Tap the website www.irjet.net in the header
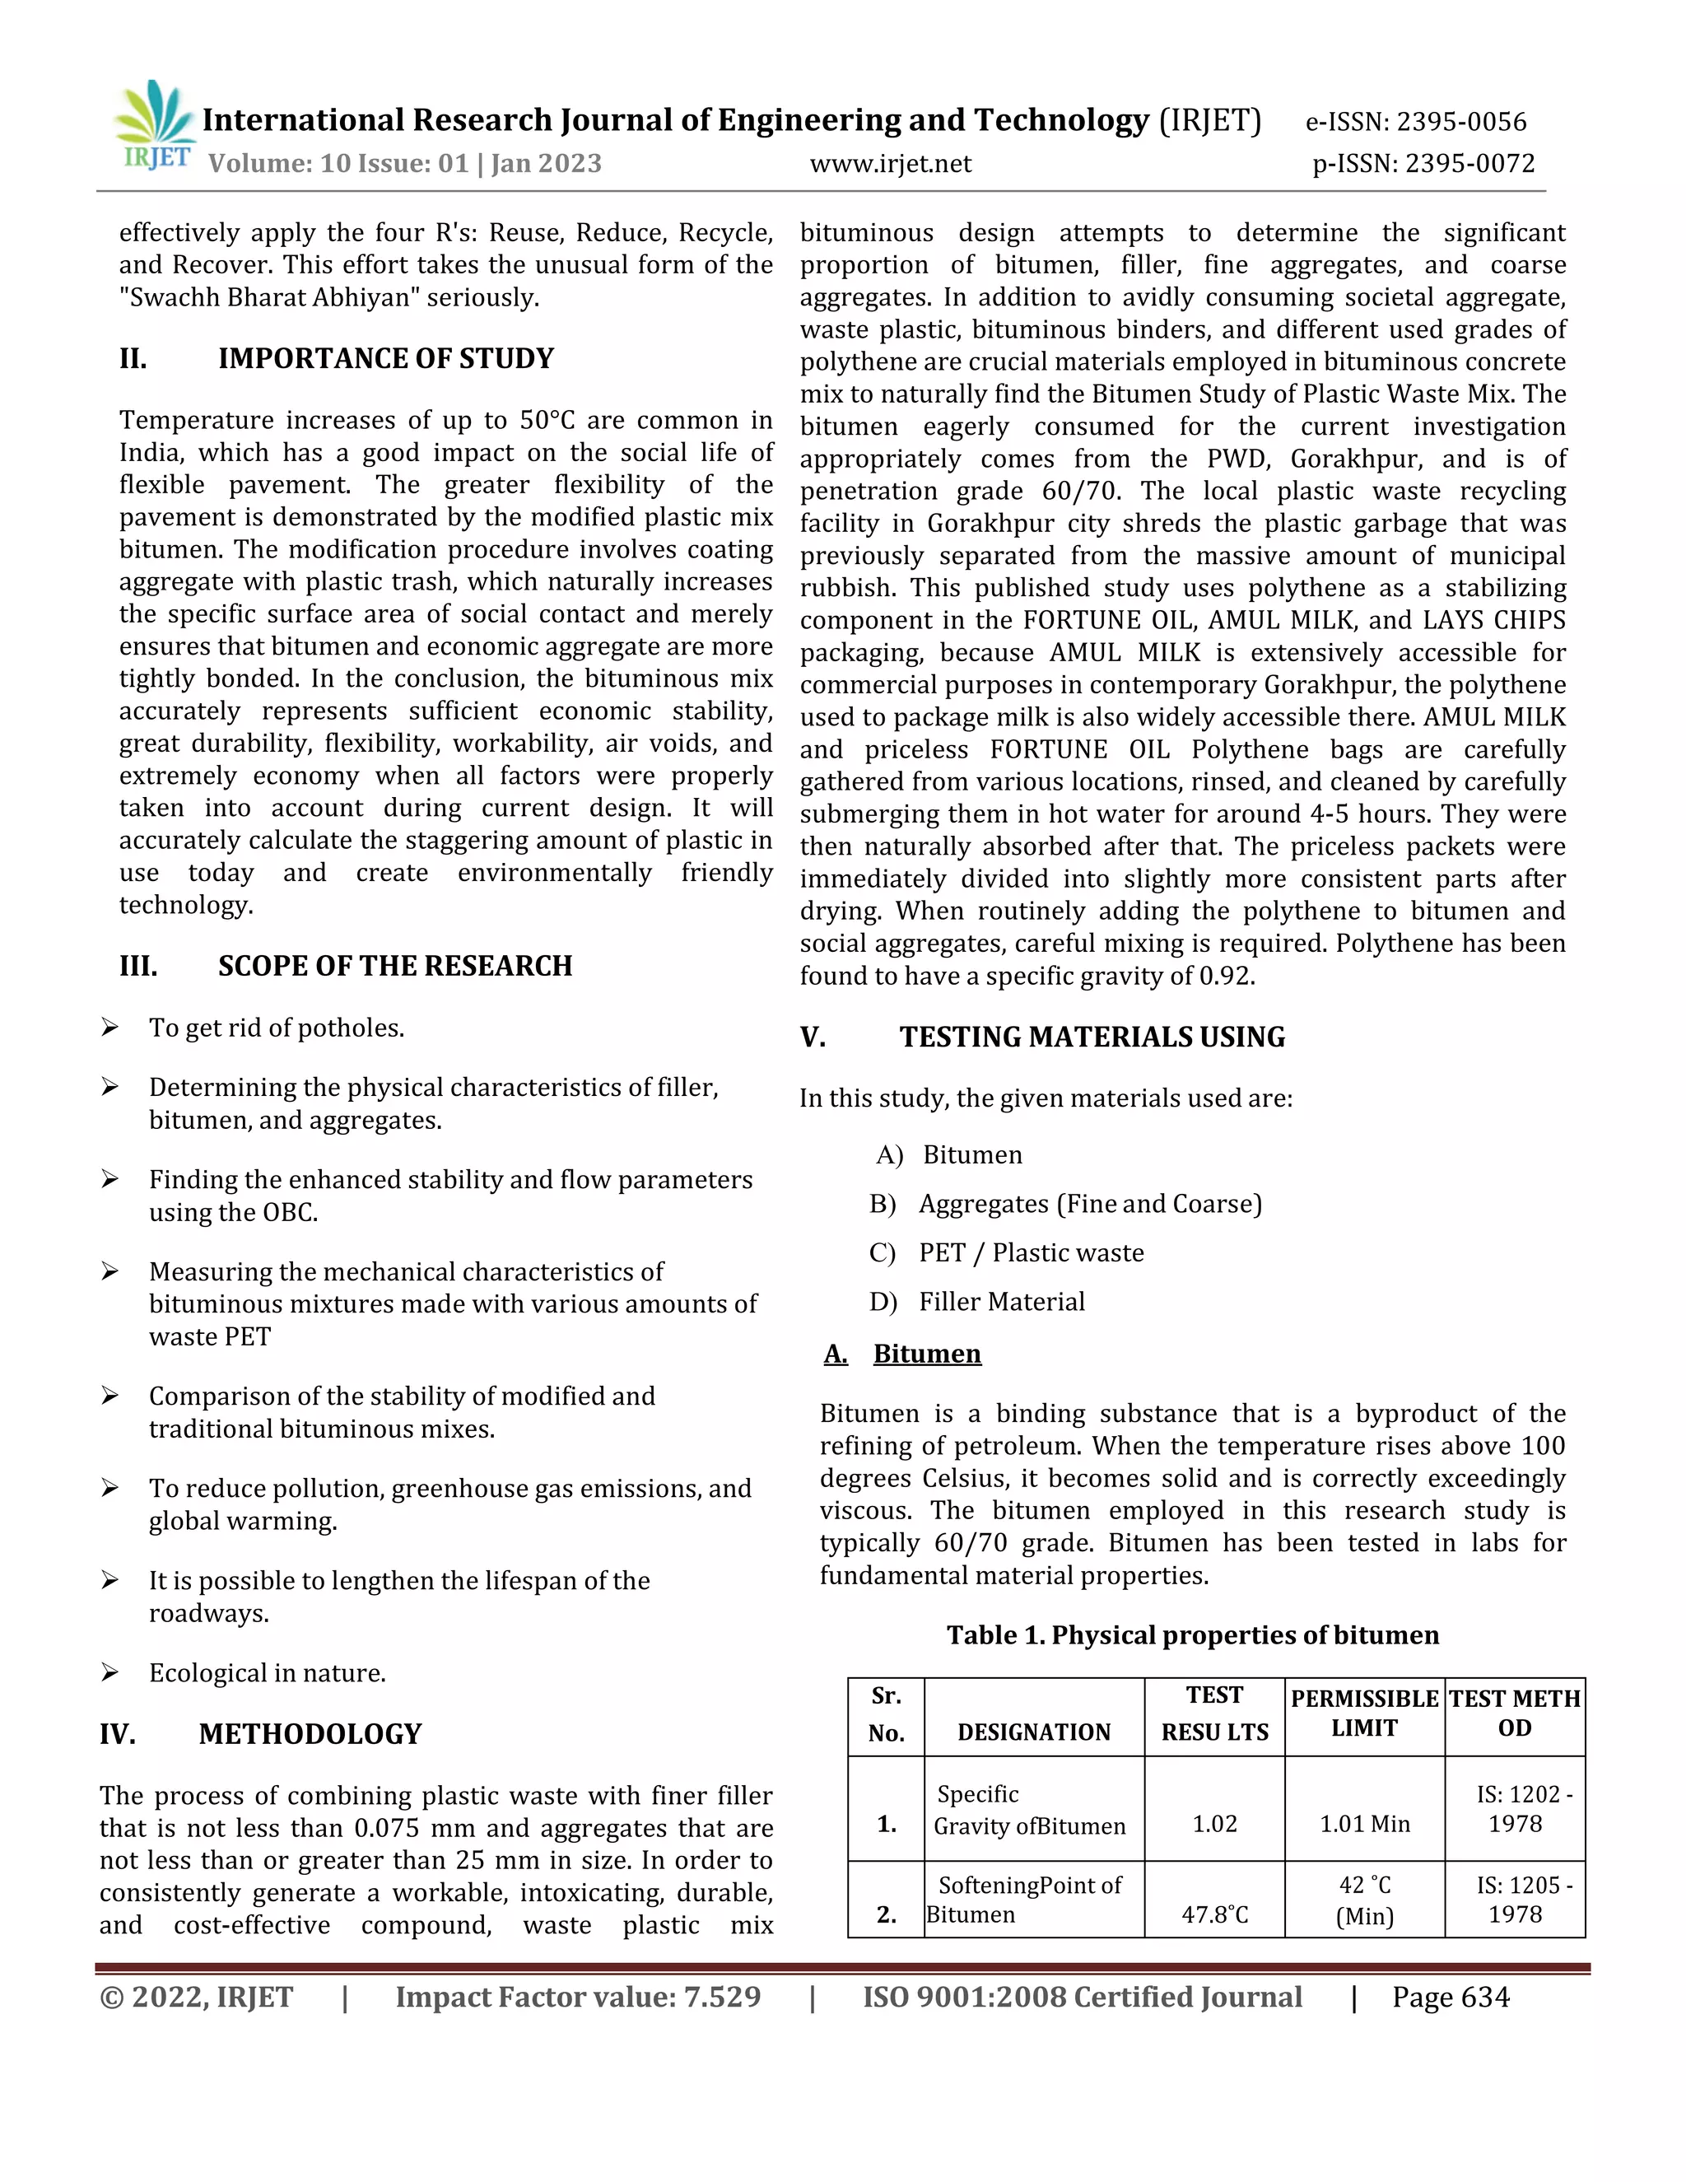click(x=890, y=164)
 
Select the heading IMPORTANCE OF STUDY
click(x=385, y=359)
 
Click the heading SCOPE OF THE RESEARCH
click(x=394, y=966)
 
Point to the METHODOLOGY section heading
click(x=310, y=1734)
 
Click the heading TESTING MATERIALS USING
click(x=1092, y=1037)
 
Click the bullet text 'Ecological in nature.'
click(x=268, y=1673)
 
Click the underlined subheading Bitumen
click(x=927, y=1354)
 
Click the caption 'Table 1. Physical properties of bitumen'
click(x=1193, y=1635)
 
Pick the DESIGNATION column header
click(x=1034, y=1732)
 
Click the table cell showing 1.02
click(x=1214, y=1825)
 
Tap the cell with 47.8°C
click(x=1214, y=1914)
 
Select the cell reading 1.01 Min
click(x=1364, y=1825)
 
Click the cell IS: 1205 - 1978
click(x=1514, y=1900)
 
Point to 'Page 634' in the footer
click(x=1451, y=1998)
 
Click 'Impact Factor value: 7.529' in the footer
click(x=577, y=1998)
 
